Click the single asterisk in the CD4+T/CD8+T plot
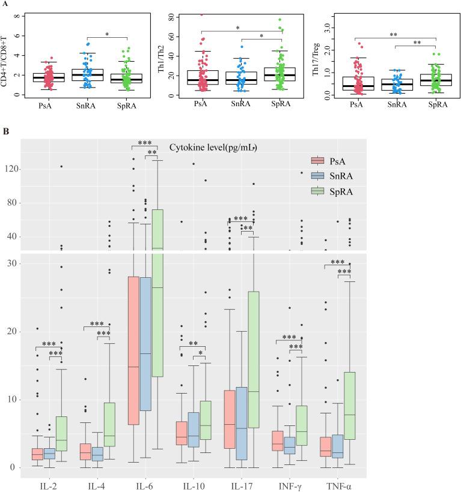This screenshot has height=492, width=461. pos(107,35)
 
